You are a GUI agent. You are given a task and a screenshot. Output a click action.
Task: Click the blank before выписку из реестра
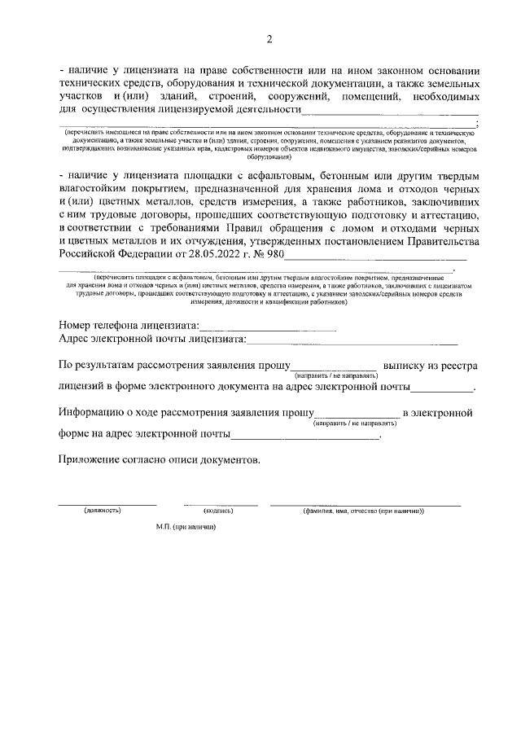(x=335, y=368)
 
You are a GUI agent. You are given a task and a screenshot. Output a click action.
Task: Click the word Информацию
(x=94, y=413)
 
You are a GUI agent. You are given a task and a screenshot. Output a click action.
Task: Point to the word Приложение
(x=92, y=460)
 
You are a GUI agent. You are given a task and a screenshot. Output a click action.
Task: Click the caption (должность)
(x=103, y=511)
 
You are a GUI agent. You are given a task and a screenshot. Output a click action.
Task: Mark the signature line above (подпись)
(x=219, y=505)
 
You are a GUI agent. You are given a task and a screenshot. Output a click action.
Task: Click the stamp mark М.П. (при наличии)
(x=186, y=528)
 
